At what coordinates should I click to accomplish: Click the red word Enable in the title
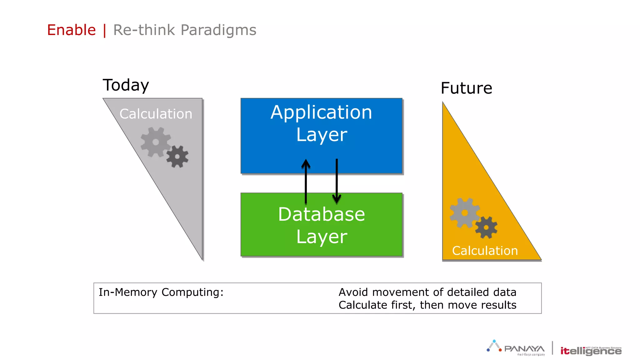pyautogui.click(x=71, y=30)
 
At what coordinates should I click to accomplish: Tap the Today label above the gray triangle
pyautogui.click(x=126, y=85)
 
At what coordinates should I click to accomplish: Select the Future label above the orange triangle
pyautogui.click(x=466, y=88)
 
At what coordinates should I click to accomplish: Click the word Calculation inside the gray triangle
pyautogui.click(x=156, y=114)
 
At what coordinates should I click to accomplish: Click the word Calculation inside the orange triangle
pyautogui.click(x=485, y=251)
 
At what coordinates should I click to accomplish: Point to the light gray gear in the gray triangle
pyautogui.click(x=155, y=142)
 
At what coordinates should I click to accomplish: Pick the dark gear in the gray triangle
pyautogui.click(x=177, y=157)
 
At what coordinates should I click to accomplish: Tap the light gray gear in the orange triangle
pyautogui.click(x=464, y=213)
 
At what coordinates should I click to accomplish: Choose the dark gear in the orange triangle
pyautogui.click(x=486, y=227)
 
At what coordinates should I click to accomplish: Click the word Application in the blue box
pyautogui.click(x=321, y=112)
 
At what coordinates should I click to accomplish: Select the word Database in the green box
pyautogui.click(x=321, y=214)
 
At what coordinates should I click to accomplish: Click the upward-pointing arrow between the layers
pyautogui.click(x=306, y=181)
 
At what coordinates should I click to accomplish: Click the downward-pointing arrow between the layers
pyautogui.click(x=337, y=181)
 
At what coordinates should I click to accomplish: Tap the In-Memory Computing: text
pyautogui.click(x=161, y=292)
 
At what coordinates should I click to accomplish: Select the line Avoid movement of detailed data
pyautogui.click(x=427, y=292)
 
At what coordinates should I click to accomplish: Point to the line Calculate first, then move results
pyautogui.click(x=427, y=305)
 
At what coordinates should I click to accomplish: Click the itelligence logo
pyautogui.click(x=591, y=351)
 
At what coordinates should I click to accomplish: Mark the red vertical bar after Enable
pyautogui.click(x=104, y=31)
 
